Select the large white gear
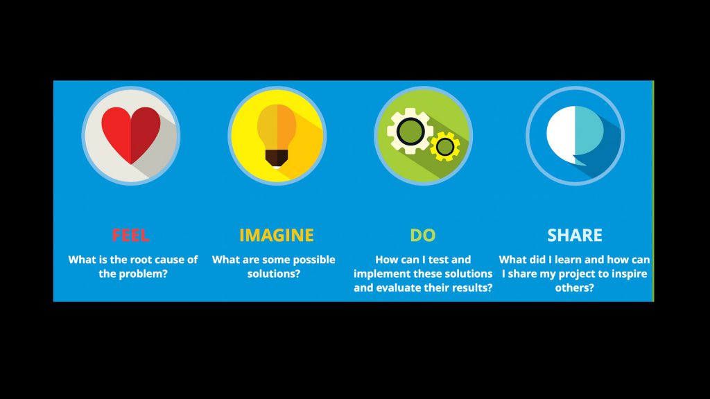tap(410, 131)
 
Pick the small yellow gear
tap(445, 147)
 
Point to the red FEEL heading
tap(130, 236)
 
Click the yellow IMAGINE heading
tap(276, 236)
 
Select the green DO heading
tap(422, 236)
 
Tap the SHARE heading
tap(575, 236)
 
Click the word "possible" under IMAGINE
tap(314, 260)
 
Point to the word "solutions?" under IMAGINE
tap(273, 274)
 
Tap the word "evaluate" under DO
tap(396, 287)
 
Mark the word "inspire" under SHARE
tap(630, 274)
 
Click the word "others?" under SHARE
tap(575, 287)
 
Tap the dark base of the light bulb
tap(277, 158)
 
